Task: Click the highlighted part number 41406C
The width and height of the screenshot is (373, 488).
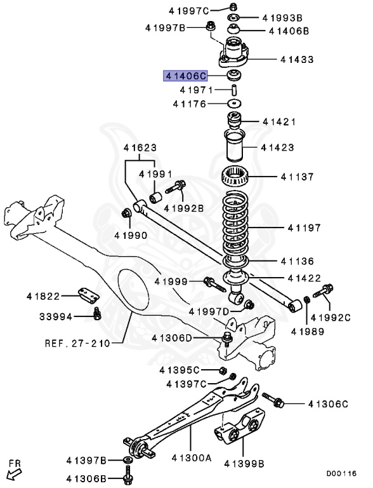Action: (x=185, y=76)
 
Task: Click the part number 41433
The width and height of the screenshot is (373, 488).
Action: (x=297, y=60)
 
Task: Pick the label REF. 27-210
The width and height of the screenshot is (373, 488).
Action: (x=77, y=343)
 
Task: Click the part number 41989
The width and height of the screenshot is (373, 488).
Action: (x=307, y=331)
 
